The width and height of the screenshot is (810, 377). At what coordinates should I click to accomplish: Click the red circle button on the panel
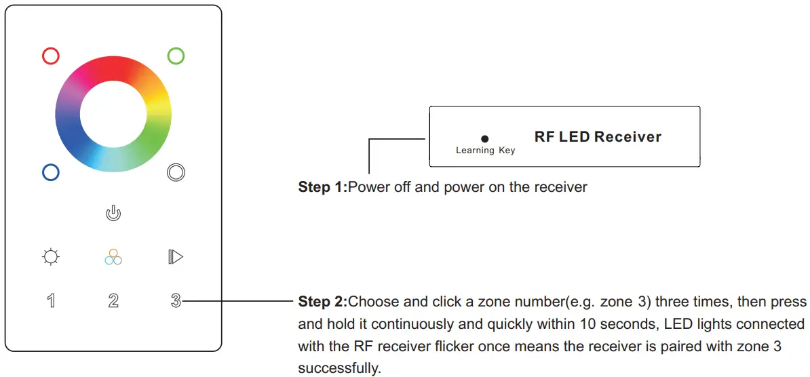[x=51, y=56]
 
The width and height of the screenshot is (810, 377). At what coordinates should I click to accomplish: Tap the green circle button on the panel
[x=176, y=56]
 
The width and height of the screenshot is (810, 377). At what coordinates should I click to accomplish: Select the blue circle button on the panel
[x=51, y=172]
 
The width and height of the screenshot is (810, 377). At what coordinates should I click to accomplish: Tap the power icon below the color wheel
[x=113, y=214]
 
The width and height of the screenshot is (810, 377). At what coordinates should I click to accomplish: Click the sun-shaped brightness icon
[x=51, y=257]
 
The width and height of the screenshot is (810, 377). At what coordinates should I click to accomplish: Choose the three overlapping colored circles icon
[x=113, y=257]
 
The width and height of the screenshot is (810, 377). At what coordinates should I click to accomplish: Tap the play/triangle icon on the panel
[x=176, y=257]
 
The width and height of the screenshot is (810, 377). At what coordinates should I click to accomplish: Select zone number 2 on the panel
[x=113, y=301]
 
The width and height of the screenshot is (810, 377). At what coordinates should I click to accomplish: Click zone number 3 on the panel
[x=176, y=301]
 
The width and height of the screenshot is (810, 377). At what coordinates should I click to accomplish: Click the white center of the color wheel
[x=113, y=113]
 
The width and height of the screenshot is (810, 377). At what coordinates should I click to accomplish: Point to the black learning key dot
[x=485, y=138]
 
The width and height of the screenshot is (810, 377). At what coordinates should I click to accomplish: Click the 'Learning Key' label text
[x=485, y=151]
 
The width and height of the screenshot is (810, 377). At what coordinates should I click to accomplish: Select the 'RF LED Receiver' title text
[x=598, y=137]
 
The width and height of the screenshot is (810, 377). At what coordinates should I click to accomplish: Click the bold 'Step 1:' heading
[x=322, y=187]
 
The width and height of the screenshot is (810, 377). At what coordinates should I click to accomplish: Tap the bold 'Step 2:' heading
[x=322, y=301]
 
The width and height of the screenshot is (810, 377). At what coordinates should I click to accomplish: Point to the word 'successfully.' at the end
[x=339, y=368]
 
